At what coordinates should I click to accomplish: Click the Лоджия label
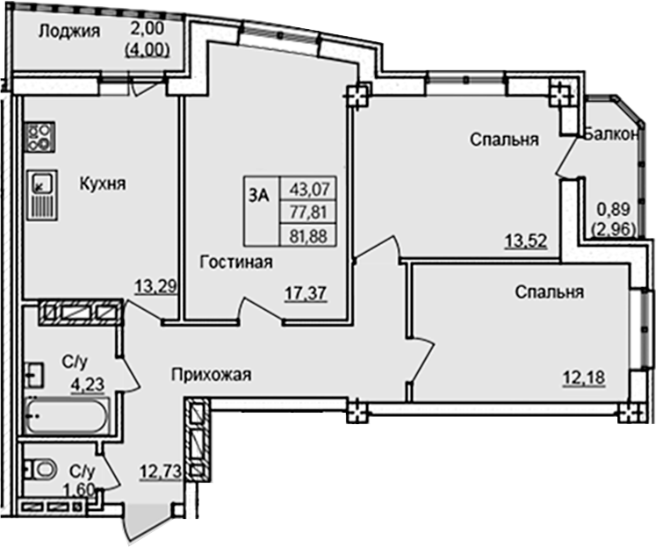68,32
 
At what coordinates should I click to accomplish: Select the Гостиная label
235,262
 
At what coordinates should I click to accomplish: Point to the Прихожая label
212,375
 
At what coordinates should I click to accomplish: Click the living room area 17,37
306,293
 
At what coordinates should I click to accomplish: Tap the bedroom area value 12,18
583,378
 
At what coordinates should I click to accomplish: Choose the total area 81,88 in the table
307,234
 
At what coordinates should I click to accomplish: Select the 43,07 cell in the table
307,188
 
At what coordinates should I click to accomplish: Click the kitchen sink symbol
41,194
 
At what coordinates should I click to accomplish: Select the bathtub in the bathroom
66,418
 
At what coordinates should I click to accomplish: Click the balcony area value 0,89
611,212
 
